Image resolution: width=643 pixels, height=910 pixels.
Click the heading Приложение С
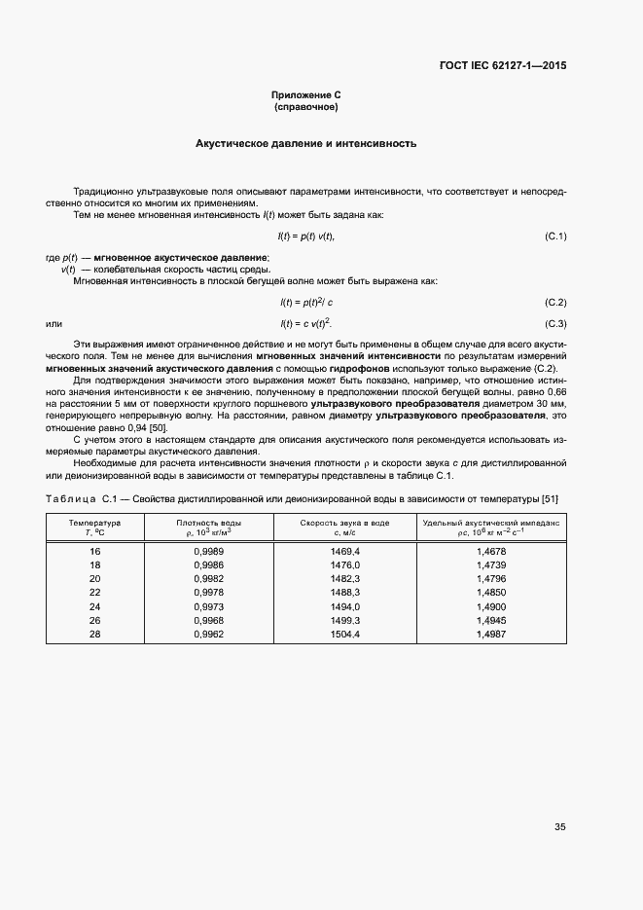(x=305, y=94)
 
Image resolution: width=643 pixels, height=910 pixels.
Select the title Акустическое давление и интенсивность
(x=305, y=143)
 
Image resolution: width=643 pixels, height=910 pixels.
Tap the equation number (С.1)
(x=554, y=237)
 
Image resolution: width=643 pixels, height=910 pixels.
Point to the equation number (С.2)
(x=554, y=303)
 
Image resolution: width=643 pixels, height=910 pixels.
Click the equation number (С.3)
(x=554, y=323)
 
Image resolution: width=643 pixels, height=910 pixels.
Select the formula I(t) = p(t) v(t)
(x=306, y=237)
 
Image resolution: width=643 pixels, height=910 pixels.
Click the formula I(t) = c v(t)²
(x=306, y=323)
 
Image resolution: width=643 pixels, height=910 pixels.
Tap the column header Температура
(x=94, y=523)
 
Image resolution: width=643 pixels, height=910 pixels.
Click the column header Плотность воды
(x=209, y=523)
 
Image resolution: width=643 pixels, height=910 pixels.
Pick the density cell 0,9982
(x=209, y=578)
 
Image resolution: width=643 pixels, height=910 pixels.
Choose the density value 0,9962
(x=209, y=635)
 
